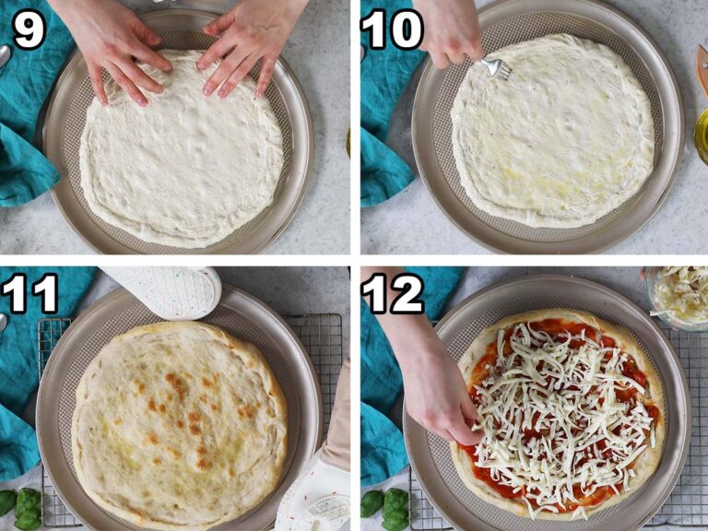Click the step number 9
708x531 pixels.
(29, 29)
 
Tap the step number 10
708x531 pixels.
(392, 29)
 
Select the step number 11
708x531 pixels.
(29, 294)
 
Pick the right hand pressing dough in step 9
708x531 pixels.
(249, 46)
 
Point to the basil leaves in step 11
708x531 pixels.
(22, 508)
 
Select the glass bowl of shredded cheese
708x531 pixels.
(680, 295)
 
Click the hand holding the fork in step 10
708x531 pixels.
(449, 31)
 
